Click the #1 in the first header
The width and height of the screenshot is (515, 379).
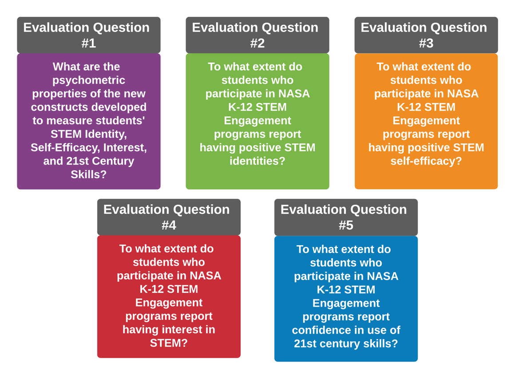tap(89, 43)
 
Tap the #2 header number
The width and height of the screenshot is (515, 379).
tap(257, 43)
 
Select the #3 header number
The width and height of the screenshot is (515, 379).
tap(426, 43)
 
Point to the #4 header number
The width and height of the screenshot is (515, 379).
tap(169, 225)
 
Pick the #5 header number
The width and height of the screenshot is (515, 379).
tap(346, 225)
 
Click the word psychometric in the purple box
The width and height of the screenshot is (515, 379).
tap(89, 80)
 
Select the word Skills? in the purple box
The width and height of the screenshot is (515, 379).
tap(89, 174)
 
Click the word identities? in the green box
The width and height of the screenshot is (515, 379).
tap(257, 161)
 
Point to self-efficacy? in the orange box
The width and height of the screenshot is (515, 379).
tap(426, 161)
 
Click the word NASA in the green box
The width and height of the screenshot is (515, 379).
tap(294, 94)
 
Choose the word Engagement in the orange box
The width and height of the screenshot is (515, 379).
tap(426, 121)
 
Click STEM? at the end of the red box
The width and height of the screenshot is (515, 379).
tap(169, 343)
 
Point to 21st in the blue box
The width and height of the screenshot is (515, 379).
tap(305, 343)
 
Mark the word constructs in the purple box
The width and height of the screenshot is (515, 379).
tap(59, 107)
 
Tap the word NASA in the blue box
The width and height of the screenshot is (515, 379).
tap(383, 276)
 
